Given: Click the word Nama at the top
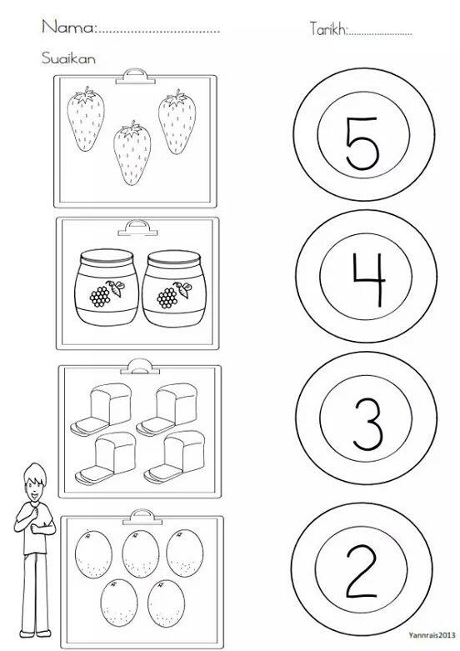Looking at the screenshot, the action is pyautogui.click(x=68, y=27).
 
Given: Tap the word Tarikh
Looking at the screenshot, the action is pyautogui.click(x=328, y=28).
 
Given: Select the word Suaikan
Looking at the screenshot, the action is pyautogui.click(x=68, y=58).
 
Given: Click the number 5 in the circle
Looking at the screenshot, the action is pyautogui.click(x=362, y=143).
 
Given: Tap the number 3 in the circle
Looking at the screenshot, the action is pyautogui.click(x=367, y=424).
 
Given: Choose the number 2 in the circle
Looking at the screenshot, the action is pyautogui.click(x=362, y=572).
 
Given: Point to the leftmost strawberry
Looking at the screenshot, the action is pyautogui.click(x=86, y=119).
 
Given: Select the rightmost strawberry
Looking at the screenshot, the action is pyautogui.click(x=177, y=122).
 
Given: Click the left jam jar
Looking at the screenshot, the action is pyautogui.click(x=107, y=287).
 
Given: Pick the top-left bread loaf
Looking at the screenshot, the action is pyautogui.click(x=101, y=409).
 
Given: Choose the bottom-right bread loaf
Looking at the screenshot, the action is pyautogui.click(x=174, y=457).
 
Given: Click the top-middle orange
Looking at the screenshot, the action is pyautogui.click(x=141, y=553).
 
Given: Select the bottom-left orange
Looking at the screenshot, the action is pyautogui.click(x=119, y=603).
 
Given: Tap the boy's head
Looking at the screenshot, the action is pyautogui.click(x=35, y=483).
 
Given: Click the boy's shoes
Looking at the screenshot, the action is pyautogui.click(x=35, y=633).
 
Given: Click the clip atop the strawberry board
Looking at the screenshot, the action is pyautogui.click(x=132, y=77).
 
